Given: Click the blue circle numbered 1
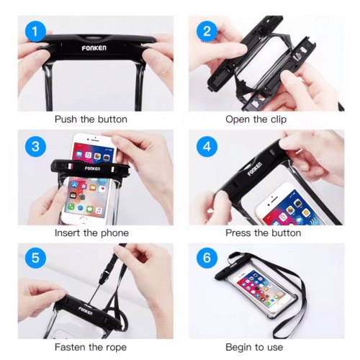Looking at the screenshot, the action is coord(35,31).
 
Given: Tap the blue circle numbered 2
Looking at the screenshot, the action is coord(207,31).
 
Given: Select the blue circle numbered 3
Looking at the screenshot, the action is coord(35,146).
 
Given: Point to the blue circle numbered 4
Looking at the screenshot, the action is coord(207,146).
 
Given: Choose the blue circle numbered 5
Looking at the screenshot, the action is coord(35,258).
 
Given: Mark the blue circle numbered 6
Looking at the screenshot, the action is coord(207,258).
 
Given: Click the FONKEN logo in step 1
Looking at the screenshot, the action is coord(94,48).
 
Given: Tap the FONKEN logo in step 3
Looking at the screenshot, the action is coord(92,168).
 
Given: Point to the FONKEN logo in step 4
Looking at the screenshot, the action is coord(255,169).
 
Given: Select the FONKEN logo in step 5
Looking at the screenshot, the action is coord(85,311).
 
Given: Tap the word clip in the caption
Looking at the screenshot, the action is coord(279,120).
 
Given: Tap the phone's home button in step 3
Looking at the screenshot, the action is coord(83,220).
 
